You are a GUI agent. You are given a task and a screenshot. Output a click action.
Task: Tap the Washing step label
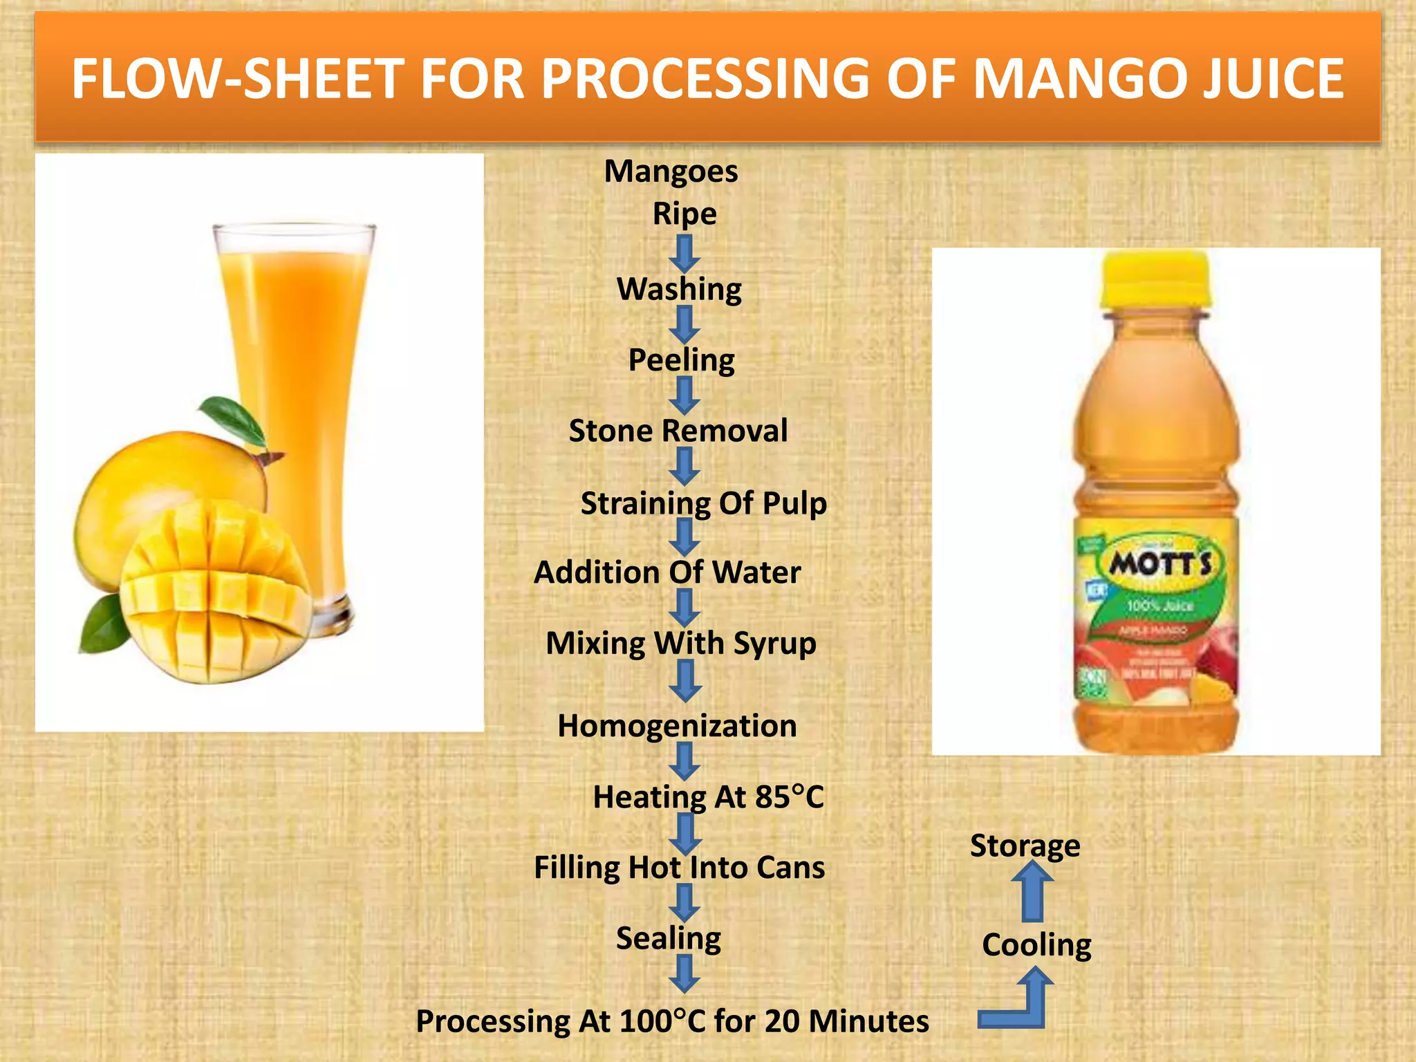pyautogui.click(x=679, y=289)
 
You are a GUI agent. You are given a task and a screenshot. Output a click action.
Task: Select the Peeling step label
pyautogui.click(x=681, y=360)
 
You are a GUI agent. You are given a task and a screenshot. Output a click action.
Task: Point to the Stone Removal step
pyautogui.click(x=678, y=431)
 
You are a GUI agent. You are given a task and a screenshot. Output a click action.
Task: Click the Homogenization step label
pyautogui.click(x=677, y=726)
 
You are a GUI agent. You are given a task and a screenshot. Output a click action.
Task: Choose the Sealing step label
pyautogui.click(x=668, y=938)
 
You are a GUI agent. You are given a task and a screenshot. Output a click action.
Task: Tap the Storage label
pyautogui.click(x=1025, y=846)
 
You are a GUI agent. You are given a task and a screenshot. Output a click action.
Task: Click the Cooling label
pyautogui.click(x=1036, y=944)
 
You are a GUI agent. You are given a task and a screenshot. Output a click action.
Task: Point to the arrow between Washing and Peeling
pyautogui.click(x=684, y=324)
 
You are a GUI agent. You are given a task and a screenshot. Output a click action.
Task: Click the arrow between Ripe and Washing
pyautogui.click(x=684, y=253)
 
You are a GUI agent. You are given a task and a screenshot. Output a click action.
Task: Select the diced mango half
pyautogui.click(x=214, y=595)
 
